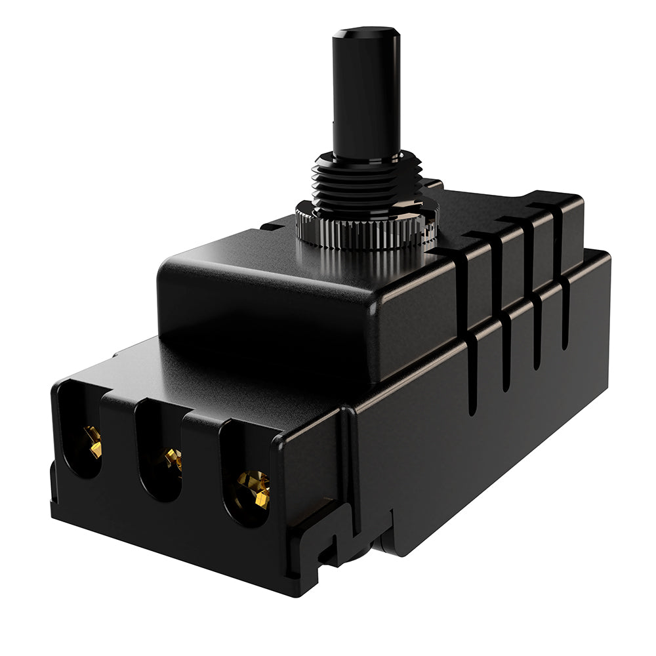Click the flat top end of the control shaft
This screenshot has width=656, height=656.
366,31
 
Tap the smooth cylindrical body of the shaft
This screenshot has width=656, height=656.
365,98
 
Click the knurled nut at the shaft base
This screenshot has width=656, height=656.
365,226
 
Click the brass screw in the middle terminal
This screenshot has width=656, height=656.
173,459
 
